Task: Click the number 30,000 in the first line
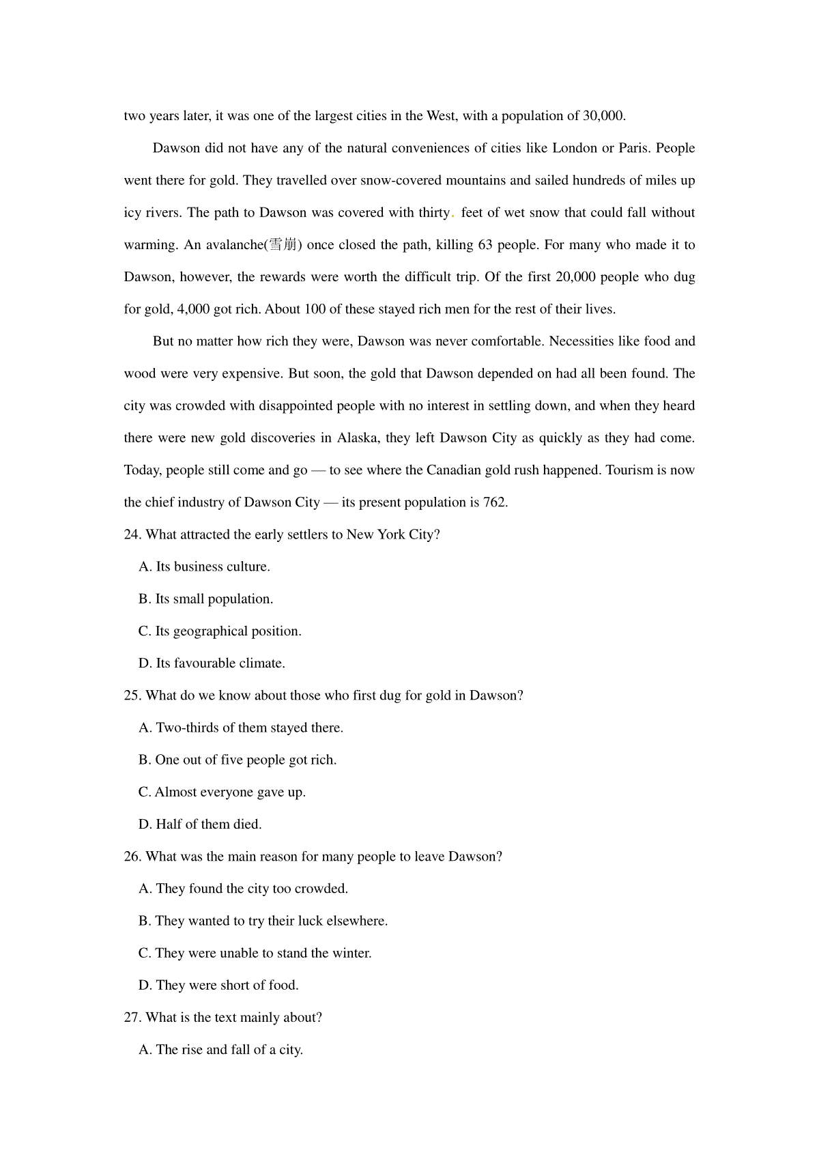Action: (x=603, y=116)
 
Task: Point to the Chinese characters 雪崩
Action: (x=283, y=245)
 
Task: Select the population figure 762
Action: (x=494, y=502)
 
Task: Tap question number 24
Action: (x=132, y=534)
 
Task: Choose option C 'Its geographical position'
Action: (x=220, y=631)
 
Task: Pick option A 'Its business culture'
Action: (x=204, y=567)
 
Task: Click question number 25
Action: (x=132, y=696)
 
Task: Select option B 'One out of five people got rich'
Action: (x=238, y=760)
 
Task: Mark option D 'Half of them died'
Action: (x=200, y=825)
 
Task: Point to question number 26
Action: (x=132, y=857)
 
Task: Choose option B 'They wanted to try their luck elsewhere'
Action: (x=263, y=921)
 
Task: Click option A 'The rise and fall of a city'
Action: (x=220, y=1050)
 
